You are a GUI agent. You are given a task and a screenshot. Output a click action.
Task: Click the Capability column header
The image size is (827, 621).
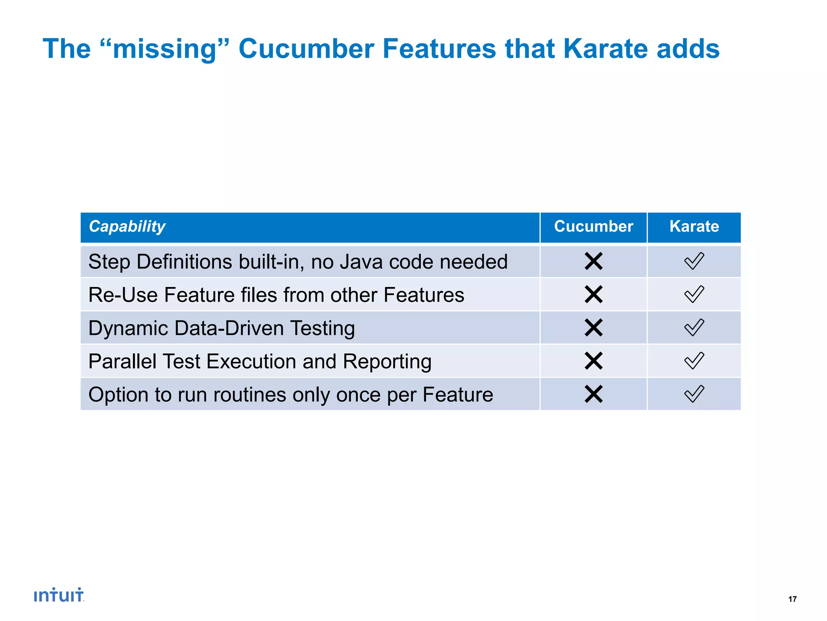coord(127,226)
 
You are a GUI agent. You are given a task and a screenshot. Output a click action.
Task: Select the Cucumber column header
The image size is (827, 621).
coord(593,226)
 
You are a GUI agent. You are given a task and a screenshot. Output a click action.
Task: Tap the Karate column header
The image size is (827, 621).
coord(694,226)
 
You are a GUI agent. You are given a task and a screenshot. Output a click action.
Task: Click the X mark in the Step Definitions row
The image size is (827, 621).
coord(593,261)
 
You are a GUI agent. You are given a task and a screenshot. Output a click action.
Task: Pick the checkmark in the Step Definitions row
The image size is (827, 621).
coord(694,261)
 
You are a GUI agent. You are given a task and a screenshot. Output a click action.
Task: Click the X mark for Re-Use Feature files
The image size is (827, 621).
coord(593,294)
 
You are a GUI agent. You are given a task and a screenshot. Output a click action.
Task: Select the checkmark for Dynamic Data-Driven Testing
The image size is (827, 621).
coord(694,327)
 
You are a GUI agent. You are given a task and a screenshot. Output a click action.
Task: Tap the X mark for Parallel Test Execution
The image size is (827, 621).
coord(593,361)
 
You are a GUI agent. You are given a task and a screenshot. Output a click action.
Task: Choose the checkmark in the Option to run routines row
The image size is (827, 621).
coord(694,394)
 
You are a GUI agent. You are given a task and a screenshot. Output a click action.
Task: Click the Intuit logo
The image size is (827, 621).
coord(59,595)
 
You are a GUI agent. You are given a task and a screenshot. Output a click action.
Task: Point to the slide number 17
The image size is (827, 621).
coord(792,599)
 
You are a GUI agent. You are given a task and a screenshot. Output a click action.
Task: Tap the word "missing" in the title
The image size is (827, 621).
coord(164,49)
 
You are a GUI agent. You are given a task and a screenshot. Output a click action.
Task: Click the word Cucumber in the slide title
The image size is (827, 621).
coord(306,49)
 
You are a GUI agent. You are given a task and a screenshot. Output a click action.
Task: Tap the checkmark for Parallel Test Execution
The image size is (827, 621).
coord(694,361)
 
